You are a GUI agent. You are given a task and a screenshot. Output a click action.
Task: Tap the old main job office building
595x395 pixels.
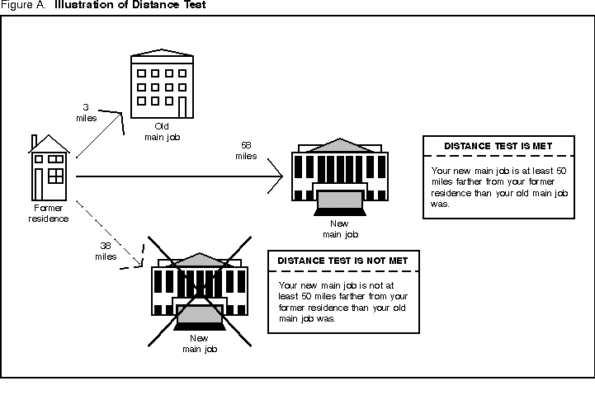[160, 82]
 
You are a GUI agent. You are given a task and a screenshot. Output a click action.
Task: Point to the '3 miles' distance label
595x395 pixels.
[88, 112]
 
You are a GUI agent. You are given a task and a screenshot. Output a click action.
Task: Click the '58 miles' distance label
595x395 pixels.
[245, 150]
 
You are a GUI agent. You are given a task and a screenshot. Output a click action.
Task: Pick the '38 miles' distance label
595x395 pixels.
[106, 251]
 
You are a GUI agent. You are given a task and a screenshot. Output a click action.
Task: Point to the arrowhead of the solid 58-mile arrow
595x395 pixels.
[278, 176]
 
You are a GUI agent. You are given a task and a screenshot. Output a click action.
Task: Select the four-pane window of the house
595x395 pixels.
[56, 176]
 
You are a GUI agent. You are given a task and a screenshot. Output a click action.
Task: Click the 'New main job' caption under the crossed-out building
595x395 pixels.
[198, 344]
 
